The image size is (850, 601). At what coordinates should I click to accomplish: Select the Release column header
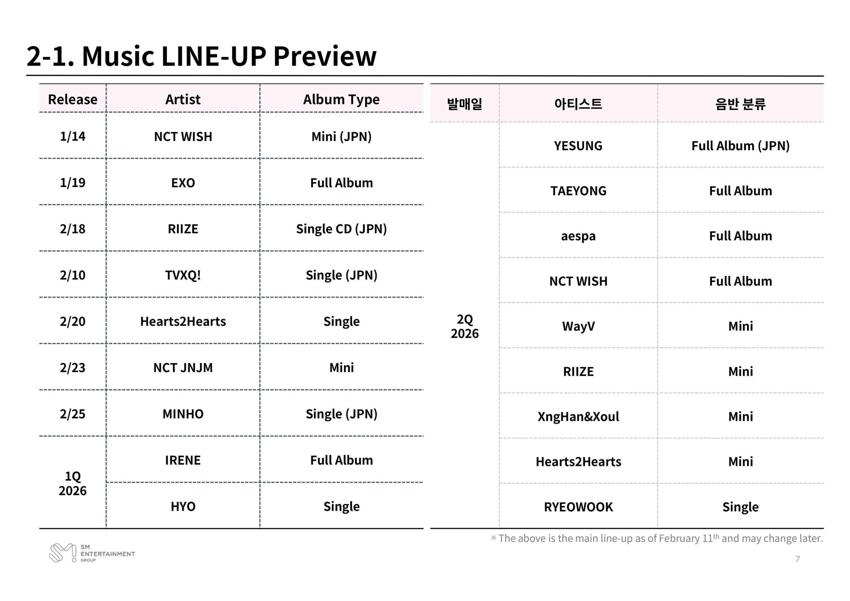tap(73, 100)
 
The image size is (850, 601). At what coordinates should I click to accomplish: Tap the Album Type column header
tap(341, 100)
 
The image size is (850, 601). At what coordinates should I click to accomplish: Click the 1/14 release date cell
tap(73, 136)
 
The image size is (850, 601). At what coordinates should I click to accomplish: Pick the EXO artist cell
tap(183, 183)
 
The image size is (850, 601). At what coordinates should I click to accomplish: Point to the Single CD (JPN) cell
tap(341, 229)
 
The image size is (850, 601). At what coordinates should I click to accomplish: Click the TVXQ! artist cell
tap(183, 275)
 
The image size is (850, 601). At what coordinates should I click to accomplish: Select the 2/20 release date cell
tap(73, 321)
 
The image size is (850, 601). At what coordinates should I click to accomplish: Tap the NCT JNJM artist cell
tap(183, 368)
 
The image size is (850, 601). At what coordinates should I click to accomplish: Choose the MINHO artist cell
tap(183, 414)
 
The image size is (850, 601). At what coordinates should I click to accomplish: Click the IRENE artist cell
tap(183, 460)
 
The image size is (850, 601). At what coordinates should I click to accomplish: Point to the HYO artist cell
tap(183, 507)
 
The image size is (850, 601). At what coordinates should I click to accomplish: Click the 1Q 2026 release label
tap(73, 483)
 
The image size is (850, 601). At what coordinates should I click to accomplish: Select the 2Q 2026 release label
tap(465, 326)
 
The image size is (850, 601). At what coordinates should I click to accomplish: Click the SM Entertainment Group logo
tap(92, 553)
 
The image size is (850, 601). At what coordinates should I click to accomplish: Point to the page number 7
tap(798, 559)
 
